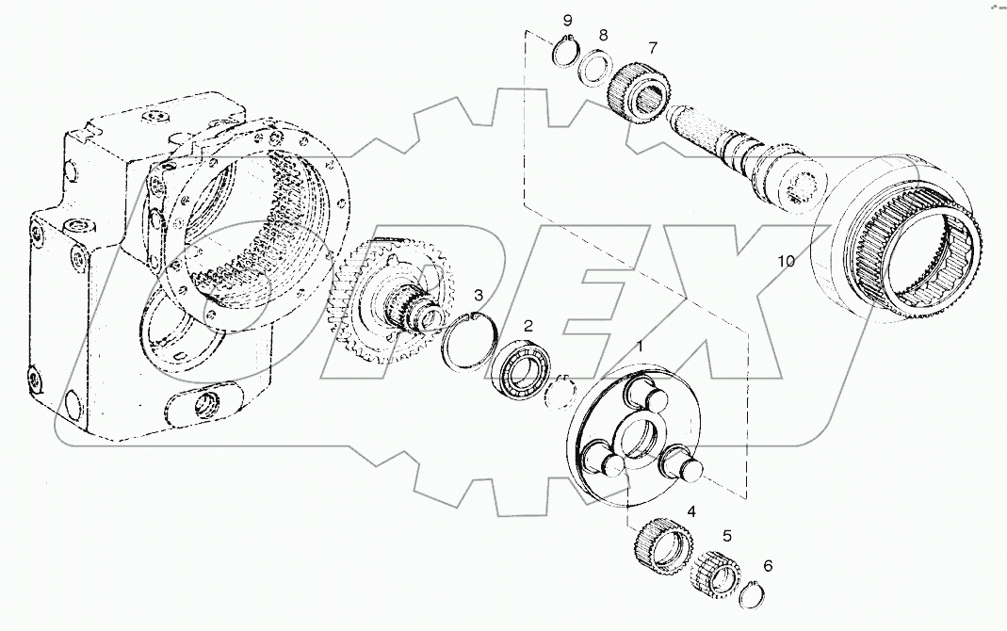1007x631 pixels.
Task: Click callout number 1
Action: click(641, 348)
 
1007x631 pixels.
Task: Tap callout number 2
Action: click(528, 325)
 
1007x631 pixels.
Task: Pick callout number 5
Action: click(726, 536)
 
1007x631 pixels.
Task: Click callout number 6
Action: click(768, 566)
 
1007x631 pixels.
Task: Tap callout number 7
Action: click(651, 48)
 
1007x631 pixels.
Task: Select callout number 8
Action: click(603, 36)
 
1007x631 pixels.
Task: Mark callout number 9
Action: click(567, 20)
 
